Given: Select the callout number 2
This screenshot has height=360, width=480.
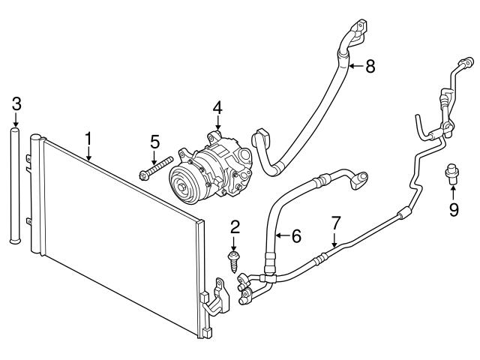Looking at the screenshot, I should pyautogui.click(x=234, y=226).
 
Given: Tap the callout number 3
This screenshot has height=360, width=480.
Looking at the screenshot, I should pyautogui.click(x=16, y=103).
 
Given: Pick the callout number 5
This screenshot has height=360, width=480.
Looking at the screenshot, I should pyautogui.click(x=154, y=140).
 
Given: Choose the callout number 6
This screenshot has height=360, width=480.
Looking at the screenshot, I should pyautogui.click(x=295, y=236).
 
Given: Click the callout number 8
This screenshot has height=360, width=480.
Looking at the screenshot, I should pyautogui.click(x=369, y=66).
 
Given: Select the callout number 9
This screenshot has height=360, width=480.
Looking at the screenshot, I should pyautogui.click(x=453, y=209).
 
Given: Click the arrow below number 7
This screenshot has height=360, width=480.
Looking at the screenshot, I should pyautogui.click(x=335, y=239).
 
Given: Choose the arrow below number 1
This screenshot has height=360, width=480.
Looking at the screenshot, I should pyautogui.click(x=88, y=154).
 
